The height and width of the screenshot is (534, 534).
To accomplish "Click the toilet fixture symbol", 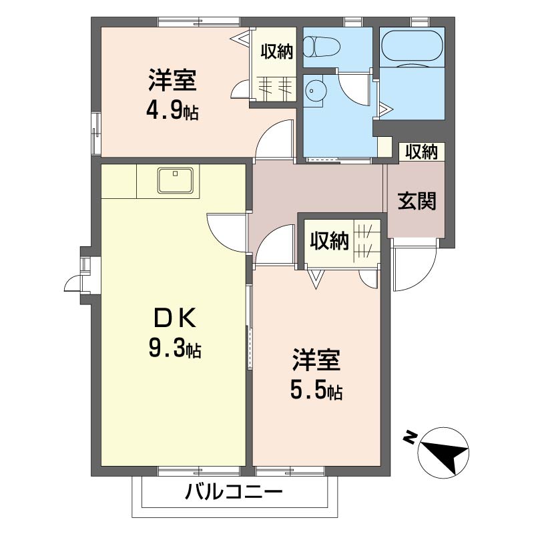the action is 322,47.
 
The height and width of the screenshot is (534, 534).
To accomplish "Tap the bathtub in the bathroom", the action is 412,47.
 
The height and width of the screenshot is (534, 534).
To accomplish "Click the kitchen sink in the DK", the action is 175,180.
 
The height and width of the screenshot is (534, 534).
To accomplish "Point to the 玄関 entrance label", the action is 417,201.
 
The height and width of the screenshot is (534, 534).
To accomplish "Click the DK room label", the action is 175,318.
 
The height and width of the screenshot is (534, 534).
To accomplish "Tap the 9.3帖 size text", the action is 175,348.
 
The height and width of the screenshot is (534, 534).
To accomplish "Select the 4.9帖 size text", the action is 172,111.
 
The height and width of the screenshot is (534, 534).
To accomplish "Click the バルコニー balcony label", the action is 234,492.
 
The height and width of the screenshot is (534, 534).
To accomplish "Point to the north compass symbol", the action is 443,453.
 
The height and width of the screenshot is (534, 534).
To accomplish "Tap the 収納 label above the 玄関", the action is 422,152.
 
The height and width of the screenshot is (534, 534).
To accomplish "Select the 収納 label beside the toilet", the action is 277,52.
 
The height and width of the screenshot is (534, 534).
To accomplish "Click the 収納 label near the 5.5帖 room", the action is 329,241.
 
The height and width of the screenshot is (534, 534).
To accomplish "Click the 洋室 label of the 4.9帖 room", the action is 172,80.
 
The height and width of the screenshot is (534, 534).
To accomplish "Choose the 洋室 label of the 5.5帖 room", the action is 316,360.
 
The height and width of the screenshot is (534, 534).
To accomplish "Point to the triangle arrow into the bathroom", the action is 385,109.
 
